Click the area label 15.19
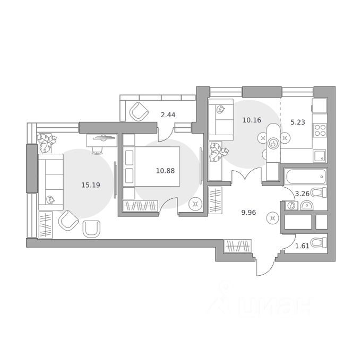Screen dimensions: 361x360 coord(90,185)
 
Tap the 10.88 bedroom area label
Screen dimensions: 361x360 coord(165,171)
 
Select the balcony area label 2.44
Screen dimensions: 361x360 coord(168,115)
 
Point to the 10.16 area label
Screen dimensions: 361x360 coord(252,120)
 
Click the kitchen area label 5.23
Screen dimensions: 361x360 coord(298,121)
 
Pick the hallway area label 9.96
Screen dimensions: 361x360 coord(248,212)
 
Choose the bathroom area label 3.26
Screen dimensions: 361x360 coord(302,194)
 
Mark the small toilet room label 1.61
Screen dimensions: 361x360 coord(302,246)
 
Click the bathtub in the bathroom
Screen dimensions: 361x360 coord(305,175)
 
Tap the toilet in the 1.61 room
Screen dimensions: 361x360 coord(318,243)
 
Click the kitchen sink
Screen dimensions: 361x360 coord(320,155)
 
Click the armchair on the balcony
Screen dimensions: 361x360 coord(139,111)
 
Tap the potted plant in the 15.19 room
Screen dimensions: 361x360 coord(47,143)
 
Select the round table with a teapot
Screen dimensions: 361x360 coord(274,142)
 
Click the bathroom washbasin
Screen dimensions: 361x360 coord(291,206)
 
